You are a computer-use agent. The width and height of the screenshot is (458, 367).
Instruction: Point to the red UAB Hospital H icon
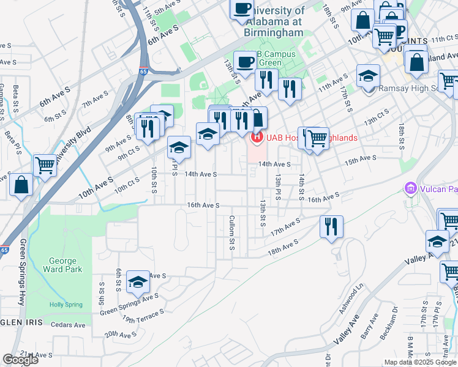coord(257,138)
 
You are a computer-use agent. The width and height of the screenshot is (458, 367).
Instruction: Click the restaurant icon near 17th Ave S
coord(331,226)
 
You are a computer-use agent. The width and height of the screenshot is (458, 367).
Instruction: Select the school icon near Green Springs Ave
coord(138,281)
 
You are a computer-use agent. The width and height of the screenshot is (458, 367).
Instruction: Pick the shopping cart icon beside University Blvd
coord(45,164)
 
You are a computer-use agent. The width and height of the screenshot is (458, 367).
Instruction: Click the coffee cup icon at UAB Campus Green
coord(246,62)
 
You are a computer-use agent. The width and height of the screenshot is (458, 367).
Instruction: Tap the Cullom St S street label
coord(233,232)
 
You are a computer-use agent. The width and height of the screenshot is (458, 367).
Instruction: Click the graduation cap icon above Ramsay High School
coord(369,76)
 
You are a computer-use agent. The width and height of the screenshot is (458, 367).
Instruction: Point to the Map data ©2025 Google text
coord(419,362)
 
